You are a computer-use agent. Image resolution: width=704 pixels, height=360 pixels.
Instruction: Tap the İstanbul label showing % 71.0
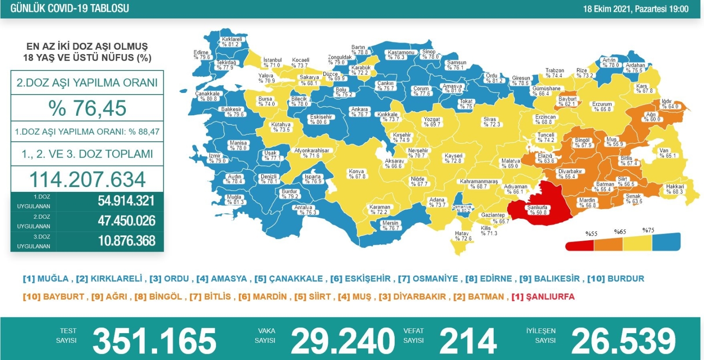point(272,62)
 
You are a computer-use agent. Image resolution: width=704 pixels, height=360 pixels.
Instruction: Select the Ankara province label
point(359,112)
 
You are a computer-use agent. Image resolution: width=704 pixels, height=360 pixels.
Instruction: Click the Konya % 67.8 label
point(357,174)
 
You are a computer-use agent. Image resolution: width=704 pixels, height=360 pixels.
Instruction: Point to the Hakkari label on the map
point(675,189)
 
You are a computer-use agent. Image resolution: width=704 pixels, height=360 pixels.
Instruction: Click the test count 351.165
point(154,341)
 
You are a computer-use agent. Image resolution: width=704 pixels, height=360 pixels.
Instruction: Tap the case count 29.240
point(342,341)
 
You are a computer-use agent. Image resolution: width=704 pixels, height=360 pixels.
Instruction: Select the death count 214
point(468,341)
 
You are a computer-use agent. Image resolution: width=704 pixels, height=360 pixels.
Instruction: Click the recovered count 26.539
point(623,341)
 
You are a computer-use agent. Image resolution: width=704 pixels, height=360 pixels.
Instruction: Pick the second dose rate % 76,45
point(87,108)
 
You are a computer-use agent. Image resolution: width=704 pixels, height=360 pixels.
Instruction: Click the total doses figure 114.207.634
point(87,179)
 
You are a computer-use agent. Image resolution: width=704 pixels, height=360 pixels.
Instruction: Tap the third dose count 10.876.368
point(126,241)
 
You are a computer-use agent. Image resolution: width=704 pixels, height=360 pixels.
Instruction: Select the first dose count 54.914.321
point(126,201)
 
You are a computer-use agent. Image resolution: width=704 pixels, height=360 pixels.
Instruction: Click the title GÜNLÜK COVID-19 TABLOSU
point(70,8)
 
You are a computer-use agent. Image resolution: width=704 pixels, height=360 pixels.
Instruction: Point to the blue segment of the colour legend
point(666,242)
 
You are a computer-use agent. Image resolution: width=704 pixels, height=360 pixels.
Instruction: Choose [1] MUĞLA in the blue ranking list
point(46,279)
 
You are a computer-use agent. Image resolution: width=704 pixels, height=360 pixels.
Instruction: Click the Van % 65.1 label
point(667,153)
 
